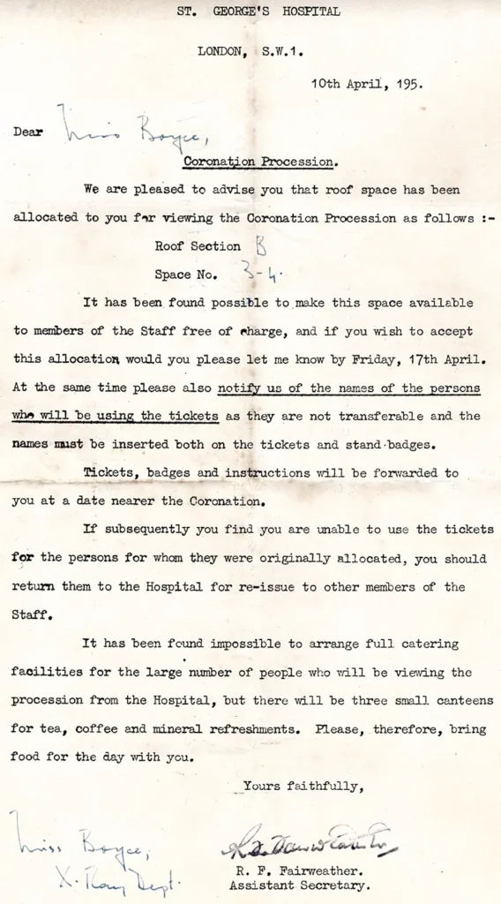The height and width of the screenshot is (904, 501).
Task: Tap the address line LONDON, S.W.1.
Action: click(250, 51)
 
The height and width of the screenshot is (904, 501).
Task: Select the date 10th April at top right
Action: click(349, 86)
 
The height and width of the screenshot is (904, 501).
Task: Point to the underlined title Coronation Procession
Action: click(259, 162)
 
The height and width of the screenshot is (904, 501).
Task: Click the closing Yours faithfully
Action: click(303, 785)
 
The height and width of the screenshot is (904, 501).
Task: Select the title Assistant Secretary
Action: click(300, 885)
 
